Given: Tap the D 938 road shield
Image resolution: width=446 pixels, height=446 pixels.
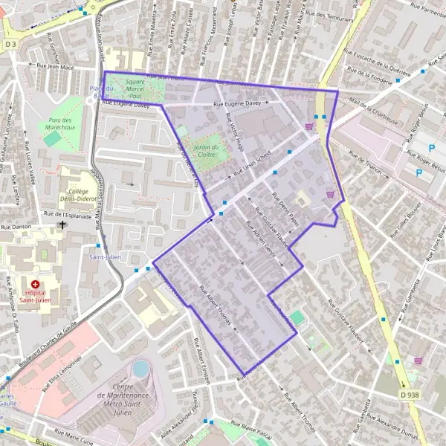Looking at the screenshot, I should (410, 395).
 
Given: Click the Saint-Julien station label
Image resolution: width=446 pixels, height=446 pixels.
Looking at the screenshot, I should (105, 257).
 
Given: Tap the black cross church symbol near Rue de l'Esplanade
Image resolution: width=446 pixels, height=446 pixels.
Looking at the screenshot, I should (62, 224).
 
